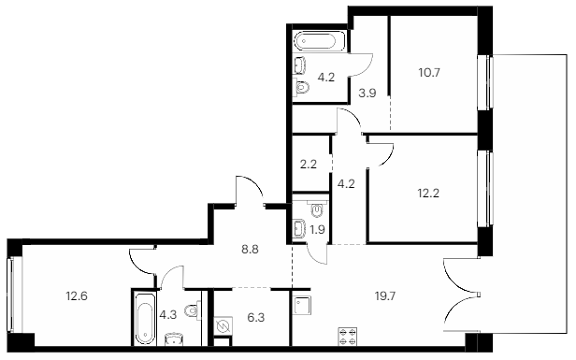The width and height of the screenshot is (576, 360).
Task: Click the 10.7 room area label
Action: pyautogui.click(x=429, y=73)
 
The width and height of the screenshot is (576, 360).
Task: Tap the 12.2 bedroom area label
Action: pyautogui.click(x=428, y=193)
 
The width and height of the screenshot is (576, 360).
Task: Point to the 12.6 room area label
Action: pyautogui.click(x=77, y=295)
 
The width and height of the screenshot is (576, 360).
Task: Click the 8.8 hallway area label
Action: pyautogui.click(x=250, y=250)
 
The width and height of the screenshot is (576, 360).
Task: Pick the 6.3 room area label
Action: pyautogui.click(x=256, y=317)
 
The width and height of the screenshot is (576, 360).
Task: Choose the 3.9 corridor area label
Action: pyautogui.click(x=367, y=94)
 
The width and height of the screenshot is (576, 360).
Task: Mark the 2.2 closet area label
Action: pyautogui.click(x=309, y=165)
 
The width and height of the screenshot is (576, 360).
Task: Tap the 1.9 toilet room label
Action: pyautogui.click(x=317, y=230)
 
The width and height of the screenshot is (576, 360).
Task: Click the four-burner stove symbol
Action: pyautogui.click(x=348, y=337)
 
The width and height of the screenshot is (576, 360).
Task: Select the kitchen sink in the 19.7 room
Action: pyautogui.click(x=303, y=306)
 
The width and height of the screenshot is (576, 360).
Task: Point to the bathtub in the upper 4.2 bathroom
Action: pyautogui.click(x=319, y=41)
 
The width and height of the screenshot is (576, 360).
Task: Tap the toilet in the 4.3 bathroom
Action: pyautogui.click(x=194, y=310)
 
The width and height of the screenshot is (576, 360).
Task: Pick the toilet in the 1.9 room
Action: pyautogui.click(x=317, y=209)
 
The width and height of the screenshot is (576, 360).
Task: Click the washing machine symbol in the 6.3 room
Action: pyautogui.click(x=223, y=325)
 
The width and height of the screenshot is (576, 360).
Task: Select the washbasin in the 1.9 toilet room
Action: pyautogui.click(x=300, y=228)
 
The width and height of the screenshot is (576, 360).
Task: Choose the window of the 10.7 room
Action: pyautogui.click(x=488, y=81)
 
